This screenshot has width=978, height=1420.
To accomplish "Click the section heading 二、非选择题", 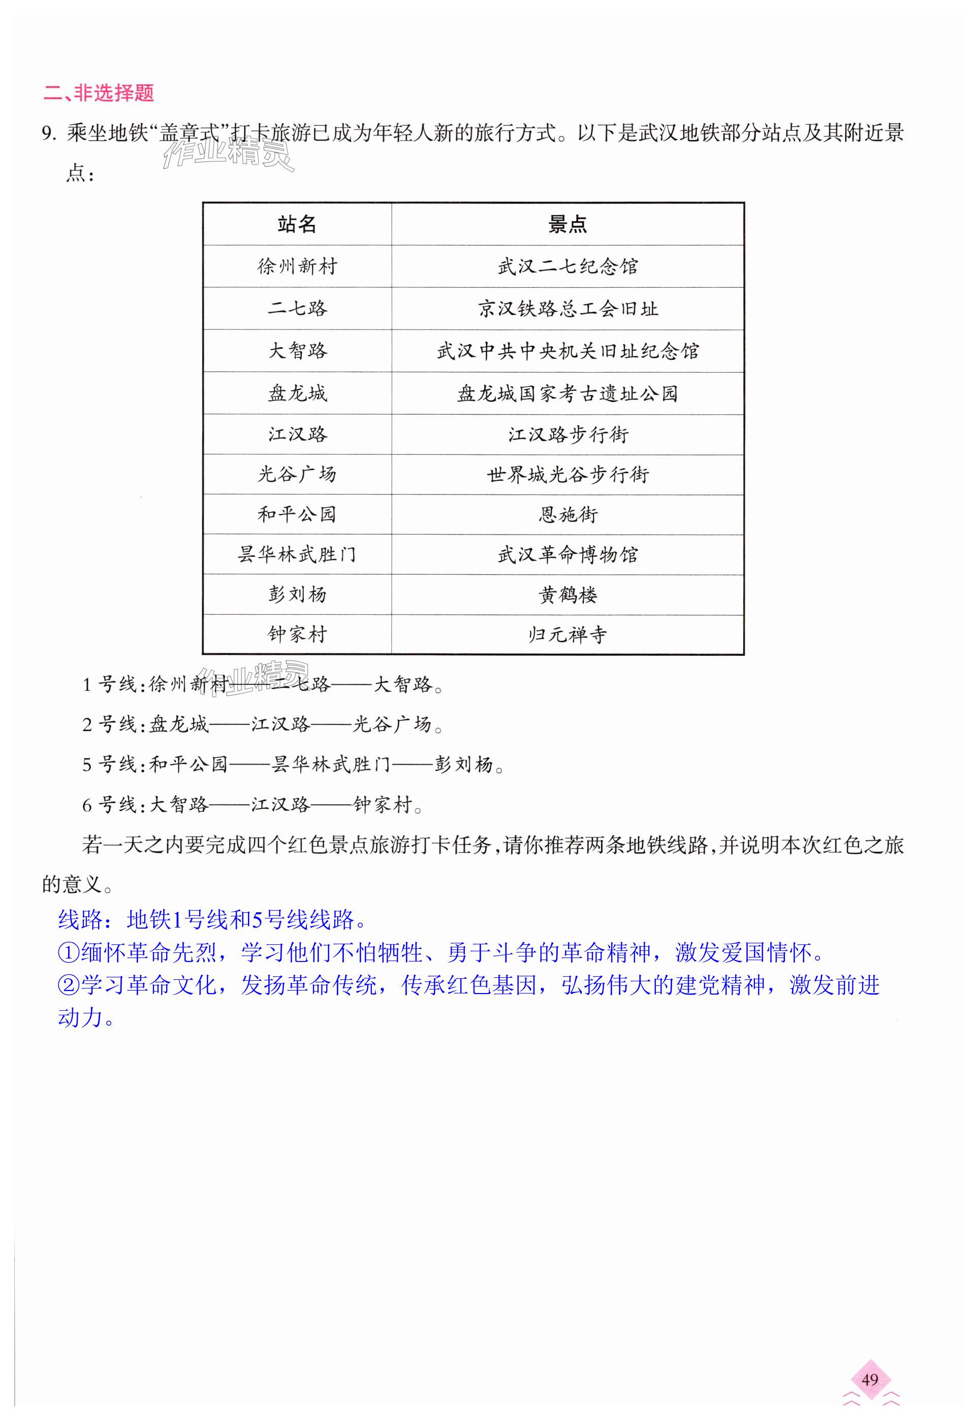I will (x=98, y=93).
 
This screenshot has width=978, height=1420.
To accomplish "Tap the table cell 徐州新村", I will (x=297, y=267).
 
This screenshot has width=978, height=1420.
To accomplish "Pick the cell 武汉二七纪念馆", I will (x=567, y=267).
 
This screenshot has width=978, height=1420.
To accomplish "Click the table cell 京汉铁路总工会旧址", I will (x=567, y=309).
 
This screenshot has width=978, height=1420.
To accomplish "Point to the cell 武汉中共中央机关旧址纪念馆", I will (x=567, y=351).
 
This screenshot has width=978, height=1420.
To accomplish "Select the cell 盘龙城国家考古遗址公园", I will (x=567, y=393).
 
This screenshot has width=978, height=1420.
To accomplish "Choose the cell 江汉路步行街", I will (x=567, y=435).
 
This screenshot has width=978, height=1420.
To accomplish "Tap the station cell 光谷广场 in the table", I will (x=297, y=475).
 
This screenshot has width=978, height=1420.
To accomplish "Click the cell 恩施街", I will (x=567, y=514).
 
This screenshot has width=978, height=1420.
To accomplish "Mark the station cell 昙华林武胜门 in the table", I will (x=297, y=555).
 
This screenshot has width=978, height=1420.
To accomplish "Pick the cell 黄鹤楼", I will (x=567, y=595).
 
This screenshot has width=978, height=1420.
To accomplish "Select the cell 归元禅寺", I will (x=567, y=635).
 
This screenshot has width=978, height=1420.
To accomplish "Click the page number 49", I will (x=870, y=1379).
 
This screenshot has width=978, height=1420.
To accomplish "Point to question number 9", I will (x=49, y=134).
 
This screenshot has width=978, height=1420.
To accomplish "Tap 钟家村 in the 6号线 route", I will (x=382, y=805).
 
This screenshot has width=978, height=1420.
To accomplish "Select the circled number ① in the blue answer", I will (x=69, y=953).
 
